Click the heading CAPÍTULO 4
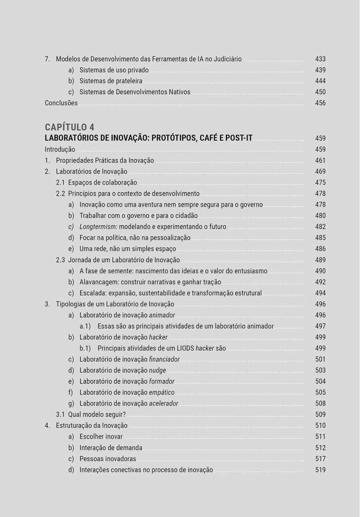[x=69, y=127]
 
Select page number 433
[x=320, y=59]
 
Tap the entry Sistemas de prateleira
[x=111, y=81]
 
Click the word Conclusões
[x=61, y=103]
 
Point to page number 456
[x=320, y=103]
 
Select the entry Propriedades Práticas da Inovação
[x=105, y=160]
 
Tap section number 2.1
[x=60, y=182]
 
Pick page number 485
[x=320, y=238]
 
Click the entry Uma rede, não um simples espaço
[x=128, y=249]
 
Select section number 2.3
[x=60, y=260]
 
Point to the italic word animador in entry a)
[x=162, y=315]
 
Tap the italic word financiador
[x=164, y=359]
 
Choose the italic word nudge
[x=157, y=370]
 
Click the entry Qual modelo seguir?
[x=97, y=414]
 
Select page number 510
[x=320, y=425]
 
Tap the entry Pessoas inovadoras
[x=108, y=459]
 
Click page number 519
[x=320, y=470]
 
